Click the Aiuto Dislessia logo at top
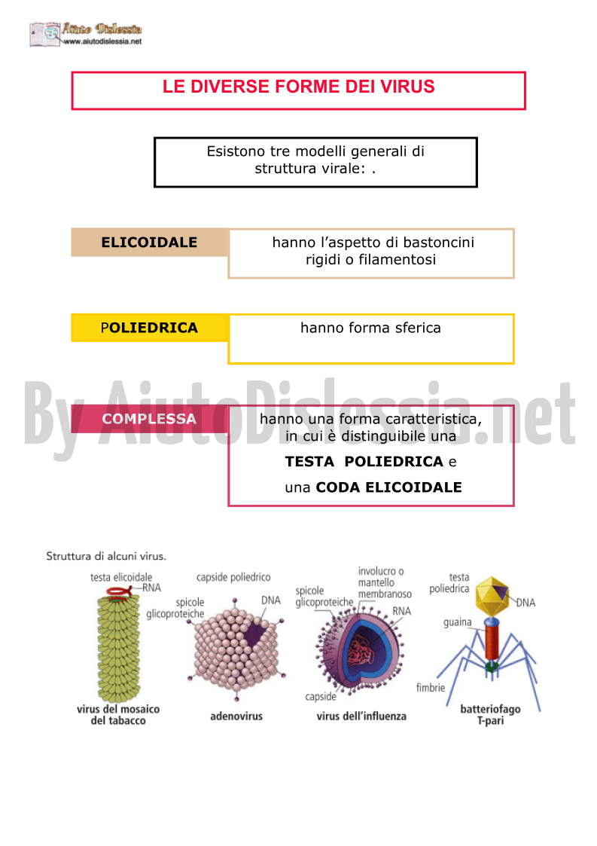(86, 34)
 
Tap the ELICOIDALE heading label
(149, 243)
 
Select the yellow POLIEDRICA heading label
(149, 328)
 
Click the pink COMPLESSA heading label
(149, 419)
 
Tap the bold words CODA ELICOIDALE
(388, 487)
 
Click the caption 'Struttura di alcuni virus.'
(106, 556)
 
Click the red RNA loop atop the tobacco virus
(119, 592)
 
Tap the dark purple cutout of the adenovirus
(256, 633)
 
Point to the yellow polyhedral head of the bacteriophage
(492, 596)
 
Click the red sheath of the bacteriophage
(492, 640)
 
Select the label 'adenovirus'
(236, 716)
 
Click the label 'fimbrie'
(431, 687)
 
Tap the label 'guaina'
(457, 622)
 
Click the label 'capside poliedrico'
(233, 577)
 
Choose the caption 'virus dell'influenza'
(361, 716)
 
